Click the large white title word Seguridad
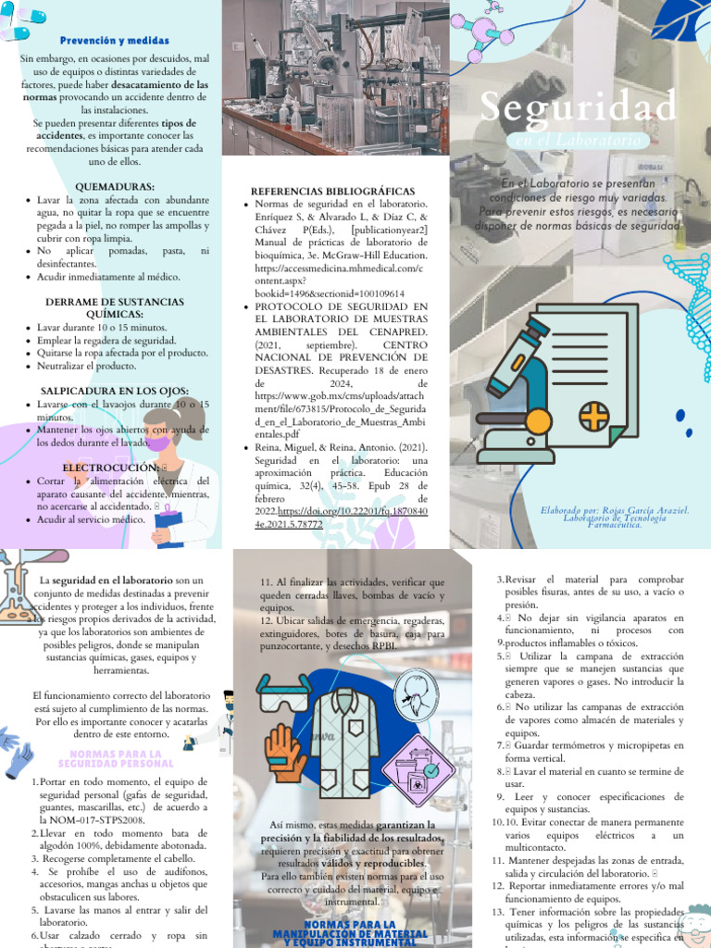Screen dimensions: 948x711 coord(579,109)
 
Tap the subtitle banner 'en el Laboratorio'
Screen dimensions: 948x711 coord(577,140)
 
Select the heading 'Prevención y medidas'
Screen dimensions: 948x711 coord(115,41)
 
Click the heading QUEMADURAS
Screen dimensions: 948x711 coord(115,186)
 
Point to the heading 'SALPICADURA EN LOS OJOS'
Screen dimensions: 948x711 coord(115,391)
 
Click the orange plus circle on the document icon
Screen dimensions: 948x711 coord(593,416)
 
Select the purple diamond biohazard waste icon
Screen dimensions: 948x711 coord(419,769)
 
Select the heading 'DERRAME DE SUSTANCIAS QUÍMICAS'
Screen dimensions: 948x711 coord(115,308)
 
